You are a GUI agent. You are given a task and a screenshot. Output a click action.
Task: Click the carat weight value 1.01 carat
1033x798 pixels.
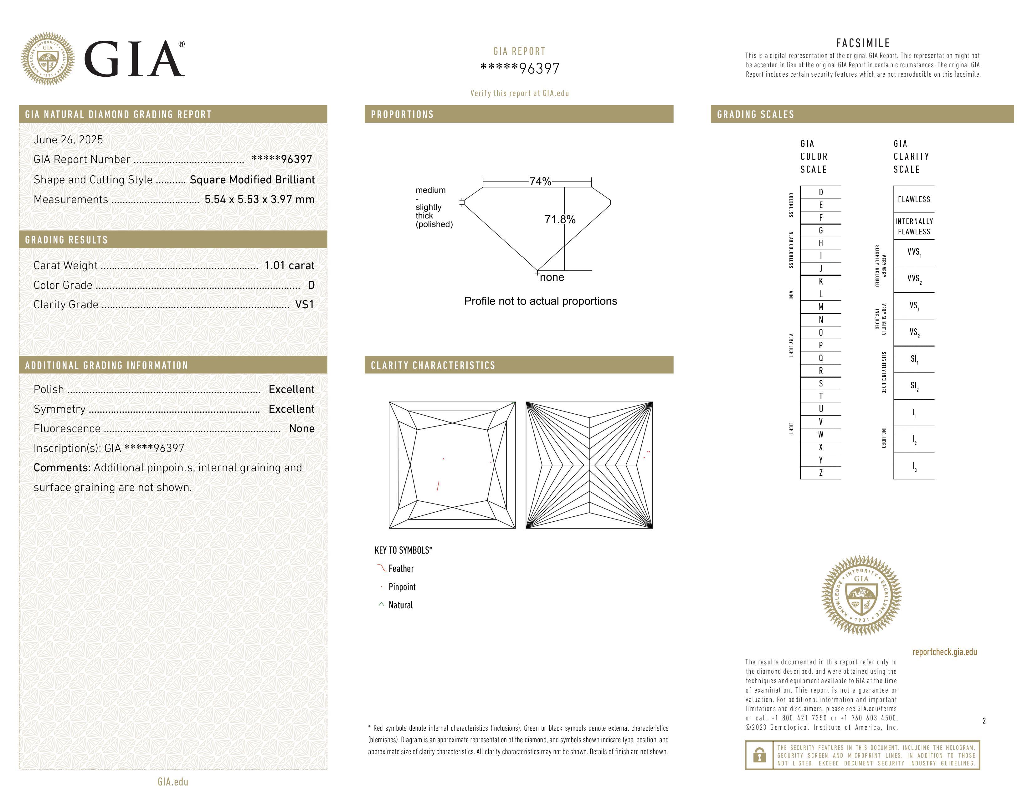(289, 265)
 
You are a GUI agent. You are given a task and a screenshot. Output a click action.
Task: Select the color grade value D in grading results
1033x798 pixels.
(311, 285)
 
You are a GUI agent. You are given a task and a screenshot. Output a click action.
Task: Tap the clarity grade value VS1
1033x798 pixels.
(304, 304)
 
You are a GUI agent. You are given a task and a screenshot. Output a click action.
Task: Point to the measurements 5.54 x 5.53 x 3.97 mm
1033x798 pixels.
(259, 200)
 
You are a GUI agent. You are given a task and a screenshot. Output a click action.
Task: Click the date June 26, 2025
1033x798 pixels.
(68, 140)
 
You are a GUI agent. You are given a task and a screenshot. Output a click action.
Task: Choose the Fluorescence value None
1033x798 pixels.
(301, 428)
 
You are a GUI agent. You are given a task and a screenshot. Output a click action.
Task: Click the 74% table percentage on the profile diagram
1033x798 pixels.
(540, 182)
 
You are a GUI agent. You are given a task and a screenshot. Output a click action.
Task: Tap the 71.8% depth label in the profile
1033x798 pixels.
(560, 219)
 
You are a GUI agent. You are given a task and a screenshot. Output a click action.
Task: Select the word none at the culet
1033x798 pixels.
(552, 278)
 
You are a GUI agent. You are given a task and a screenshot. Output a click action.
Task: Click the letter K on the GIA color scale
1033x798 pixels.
(821, 281)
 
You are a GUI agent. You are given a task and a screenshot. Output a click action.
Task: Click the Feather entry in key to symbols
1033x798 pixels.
(401, 569)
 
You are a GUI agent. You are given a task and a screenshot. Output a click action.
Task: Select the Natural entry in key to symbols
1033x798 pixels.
(400, 605)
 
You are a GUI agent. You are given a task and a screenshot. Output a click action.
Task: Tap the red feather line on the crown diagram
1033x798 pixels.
(438, 486)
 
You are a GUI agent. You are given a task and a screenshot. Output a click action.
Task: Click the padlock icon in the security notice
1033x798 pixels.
(759, 755)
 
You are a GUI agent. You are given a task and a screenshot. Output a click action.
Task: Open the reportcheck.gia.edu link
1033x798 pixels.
(944, 652)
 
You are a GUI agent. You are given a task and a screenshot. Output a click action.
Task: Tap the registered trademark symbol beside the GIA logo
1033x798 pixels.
(182, 44)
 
